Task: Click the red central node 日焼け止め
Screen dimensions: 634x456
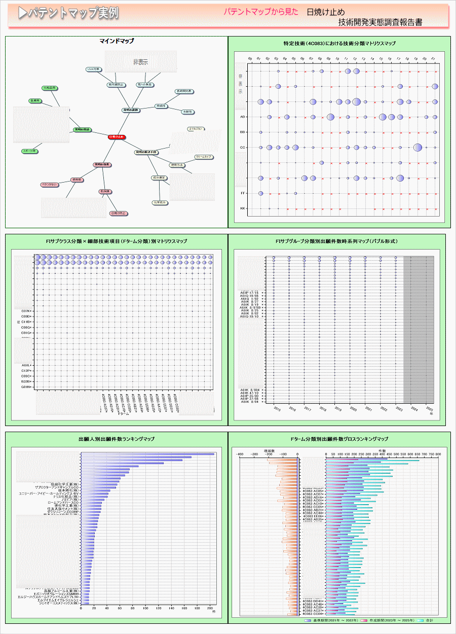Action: tap(116, 137)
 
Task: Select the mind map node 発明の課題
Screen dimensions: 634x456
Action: tap(131, 110)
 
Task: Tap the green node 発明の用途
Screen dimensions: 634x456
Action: tap(82, 130)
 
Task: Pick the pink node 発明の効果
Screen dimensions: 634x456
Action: tap(102, 165)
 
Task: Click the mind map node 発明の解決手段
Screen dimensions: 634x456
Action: tap(146, 152)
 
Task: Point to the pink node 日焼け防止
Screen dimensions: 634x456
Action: tap(119, 214)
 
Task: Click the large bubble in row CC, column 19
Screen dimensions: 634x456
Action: tap(417, 148)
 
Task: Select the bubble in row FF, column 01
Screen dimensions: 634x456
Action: tap(260, 193)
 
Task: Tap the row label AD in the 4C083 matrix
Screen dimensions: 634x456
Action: tap(243, 117)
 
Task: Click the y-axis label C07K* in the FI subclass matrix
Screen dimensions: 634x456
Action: tap(27, 311)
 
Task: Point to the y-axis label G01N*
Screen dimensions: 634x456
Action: tap(27, 387)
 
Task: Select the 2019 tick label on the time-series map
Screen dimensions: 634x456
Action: tap(338, 409)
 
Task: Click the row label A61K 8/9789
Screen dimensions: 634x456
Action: tap(251, 307)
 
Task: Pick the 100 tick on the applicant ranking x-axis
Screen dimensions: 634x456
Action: tap(146, 608)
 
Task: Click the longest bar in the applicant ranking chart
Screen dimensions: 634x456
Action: tap(147, 454)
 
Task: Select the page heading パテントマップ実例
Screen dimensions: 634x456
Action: tap(68, 14)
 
